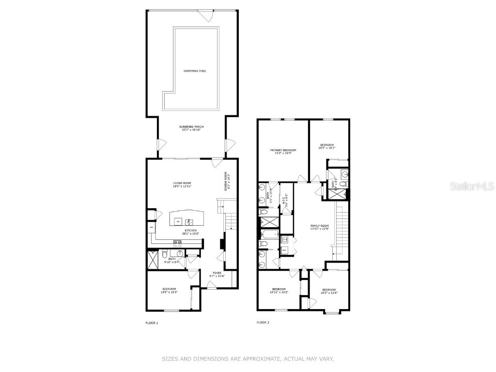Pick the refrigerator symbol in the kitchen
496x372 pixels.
click(x=151, y=227)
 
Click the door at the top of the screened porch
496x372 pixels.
click(x=207, y=16)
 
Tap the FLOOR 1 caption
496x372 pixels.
click(x=152, y=323)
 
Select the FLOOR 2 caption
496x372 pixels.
click(x=263, y=323)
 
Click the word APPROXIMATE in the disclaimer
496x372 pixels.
click(x=258, y=359)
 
